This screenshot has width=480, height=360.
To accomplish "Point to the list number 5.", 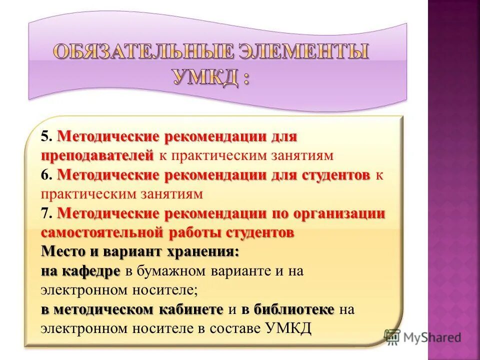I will (x=45, y=136).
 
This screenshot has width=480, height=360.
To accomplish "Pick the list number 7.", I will (x=45, y=214).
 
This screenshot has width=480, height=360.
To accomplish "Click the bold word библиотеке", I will (x=293, y=309).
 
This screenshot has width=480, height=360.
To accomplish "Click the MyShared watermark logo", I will (x=422, y=337).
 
